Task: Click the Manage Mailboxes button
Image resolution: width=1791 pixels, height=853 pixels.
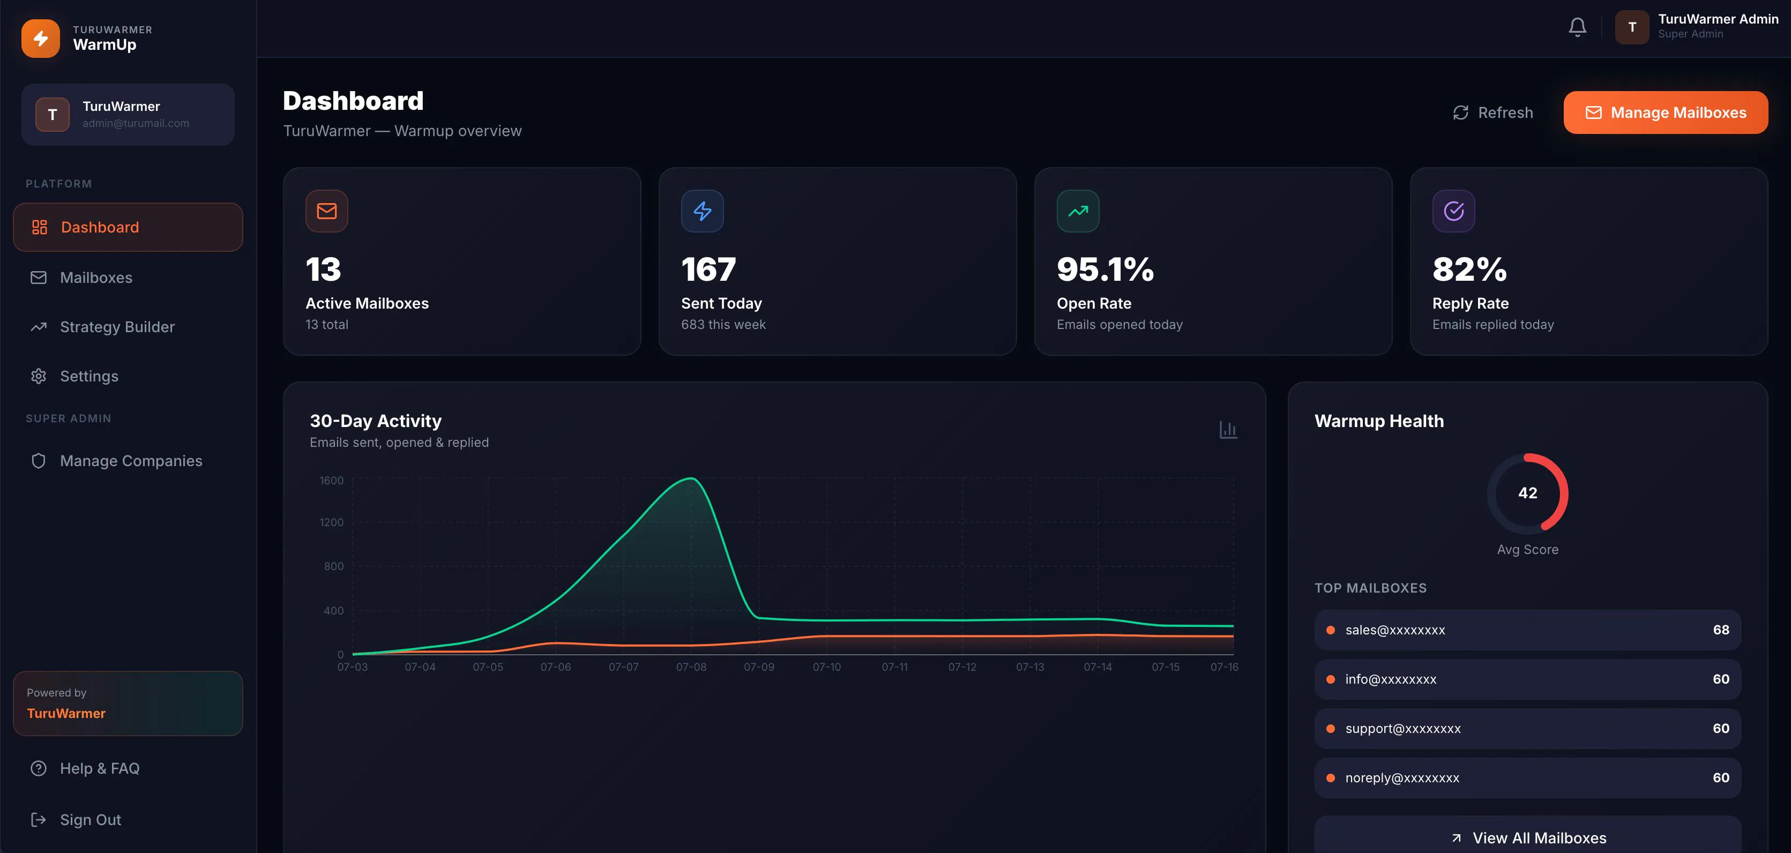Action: click(1665, 113)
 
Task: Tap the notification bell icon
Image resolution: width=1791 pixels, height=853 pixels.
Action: click(1578, 27)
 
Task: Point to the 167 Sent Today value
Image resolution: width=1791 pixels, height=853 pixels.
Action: click(708, 270)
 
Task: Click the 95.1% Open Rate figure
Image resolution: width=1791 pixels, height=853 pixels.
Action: click(1105, 270)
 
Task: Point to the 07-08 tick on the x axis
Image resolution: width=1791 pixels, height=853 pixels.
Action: click(691, 667)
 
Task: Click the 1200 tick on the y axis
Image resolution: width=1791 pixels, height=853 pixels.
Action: click(331, 522)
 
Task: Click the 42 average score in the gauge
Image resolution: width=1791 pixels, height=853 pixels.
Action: click(1527, 493)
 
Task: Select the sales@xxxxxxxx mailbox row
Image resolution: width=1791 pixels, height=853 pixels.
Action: click(1527, 630)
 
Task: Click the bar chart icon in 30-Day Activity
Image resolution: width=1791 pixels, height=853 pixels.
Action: click(1228, 430)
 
